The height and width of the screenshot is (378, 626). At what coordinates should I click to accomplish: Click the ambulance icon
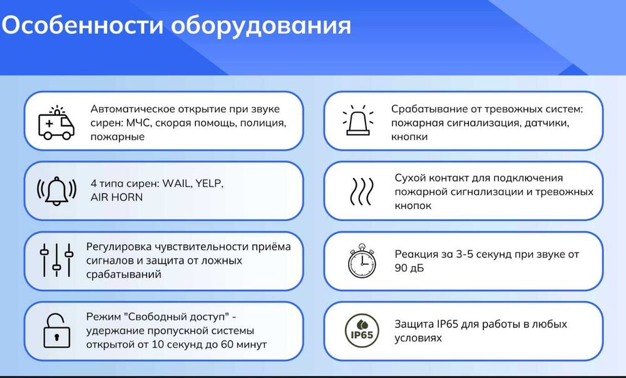click(56, 122)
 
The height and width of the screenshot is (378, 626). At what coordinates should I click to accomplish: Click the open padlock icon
click(56, 330)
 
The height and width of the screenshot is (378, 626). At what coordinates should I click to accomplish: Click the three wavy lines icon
click(361, 191)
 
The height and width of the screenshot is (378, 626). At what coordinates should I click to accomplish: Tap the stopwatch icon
click(361, 261)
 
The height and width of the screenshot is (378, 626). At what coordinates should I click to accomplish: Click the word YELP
click(207, 184)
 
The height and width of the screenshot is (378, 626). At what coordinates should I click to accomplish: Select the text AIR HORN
click(117, 197)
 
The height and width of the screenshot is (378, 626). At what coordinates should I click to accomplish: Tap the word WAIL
click(176, 184)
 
